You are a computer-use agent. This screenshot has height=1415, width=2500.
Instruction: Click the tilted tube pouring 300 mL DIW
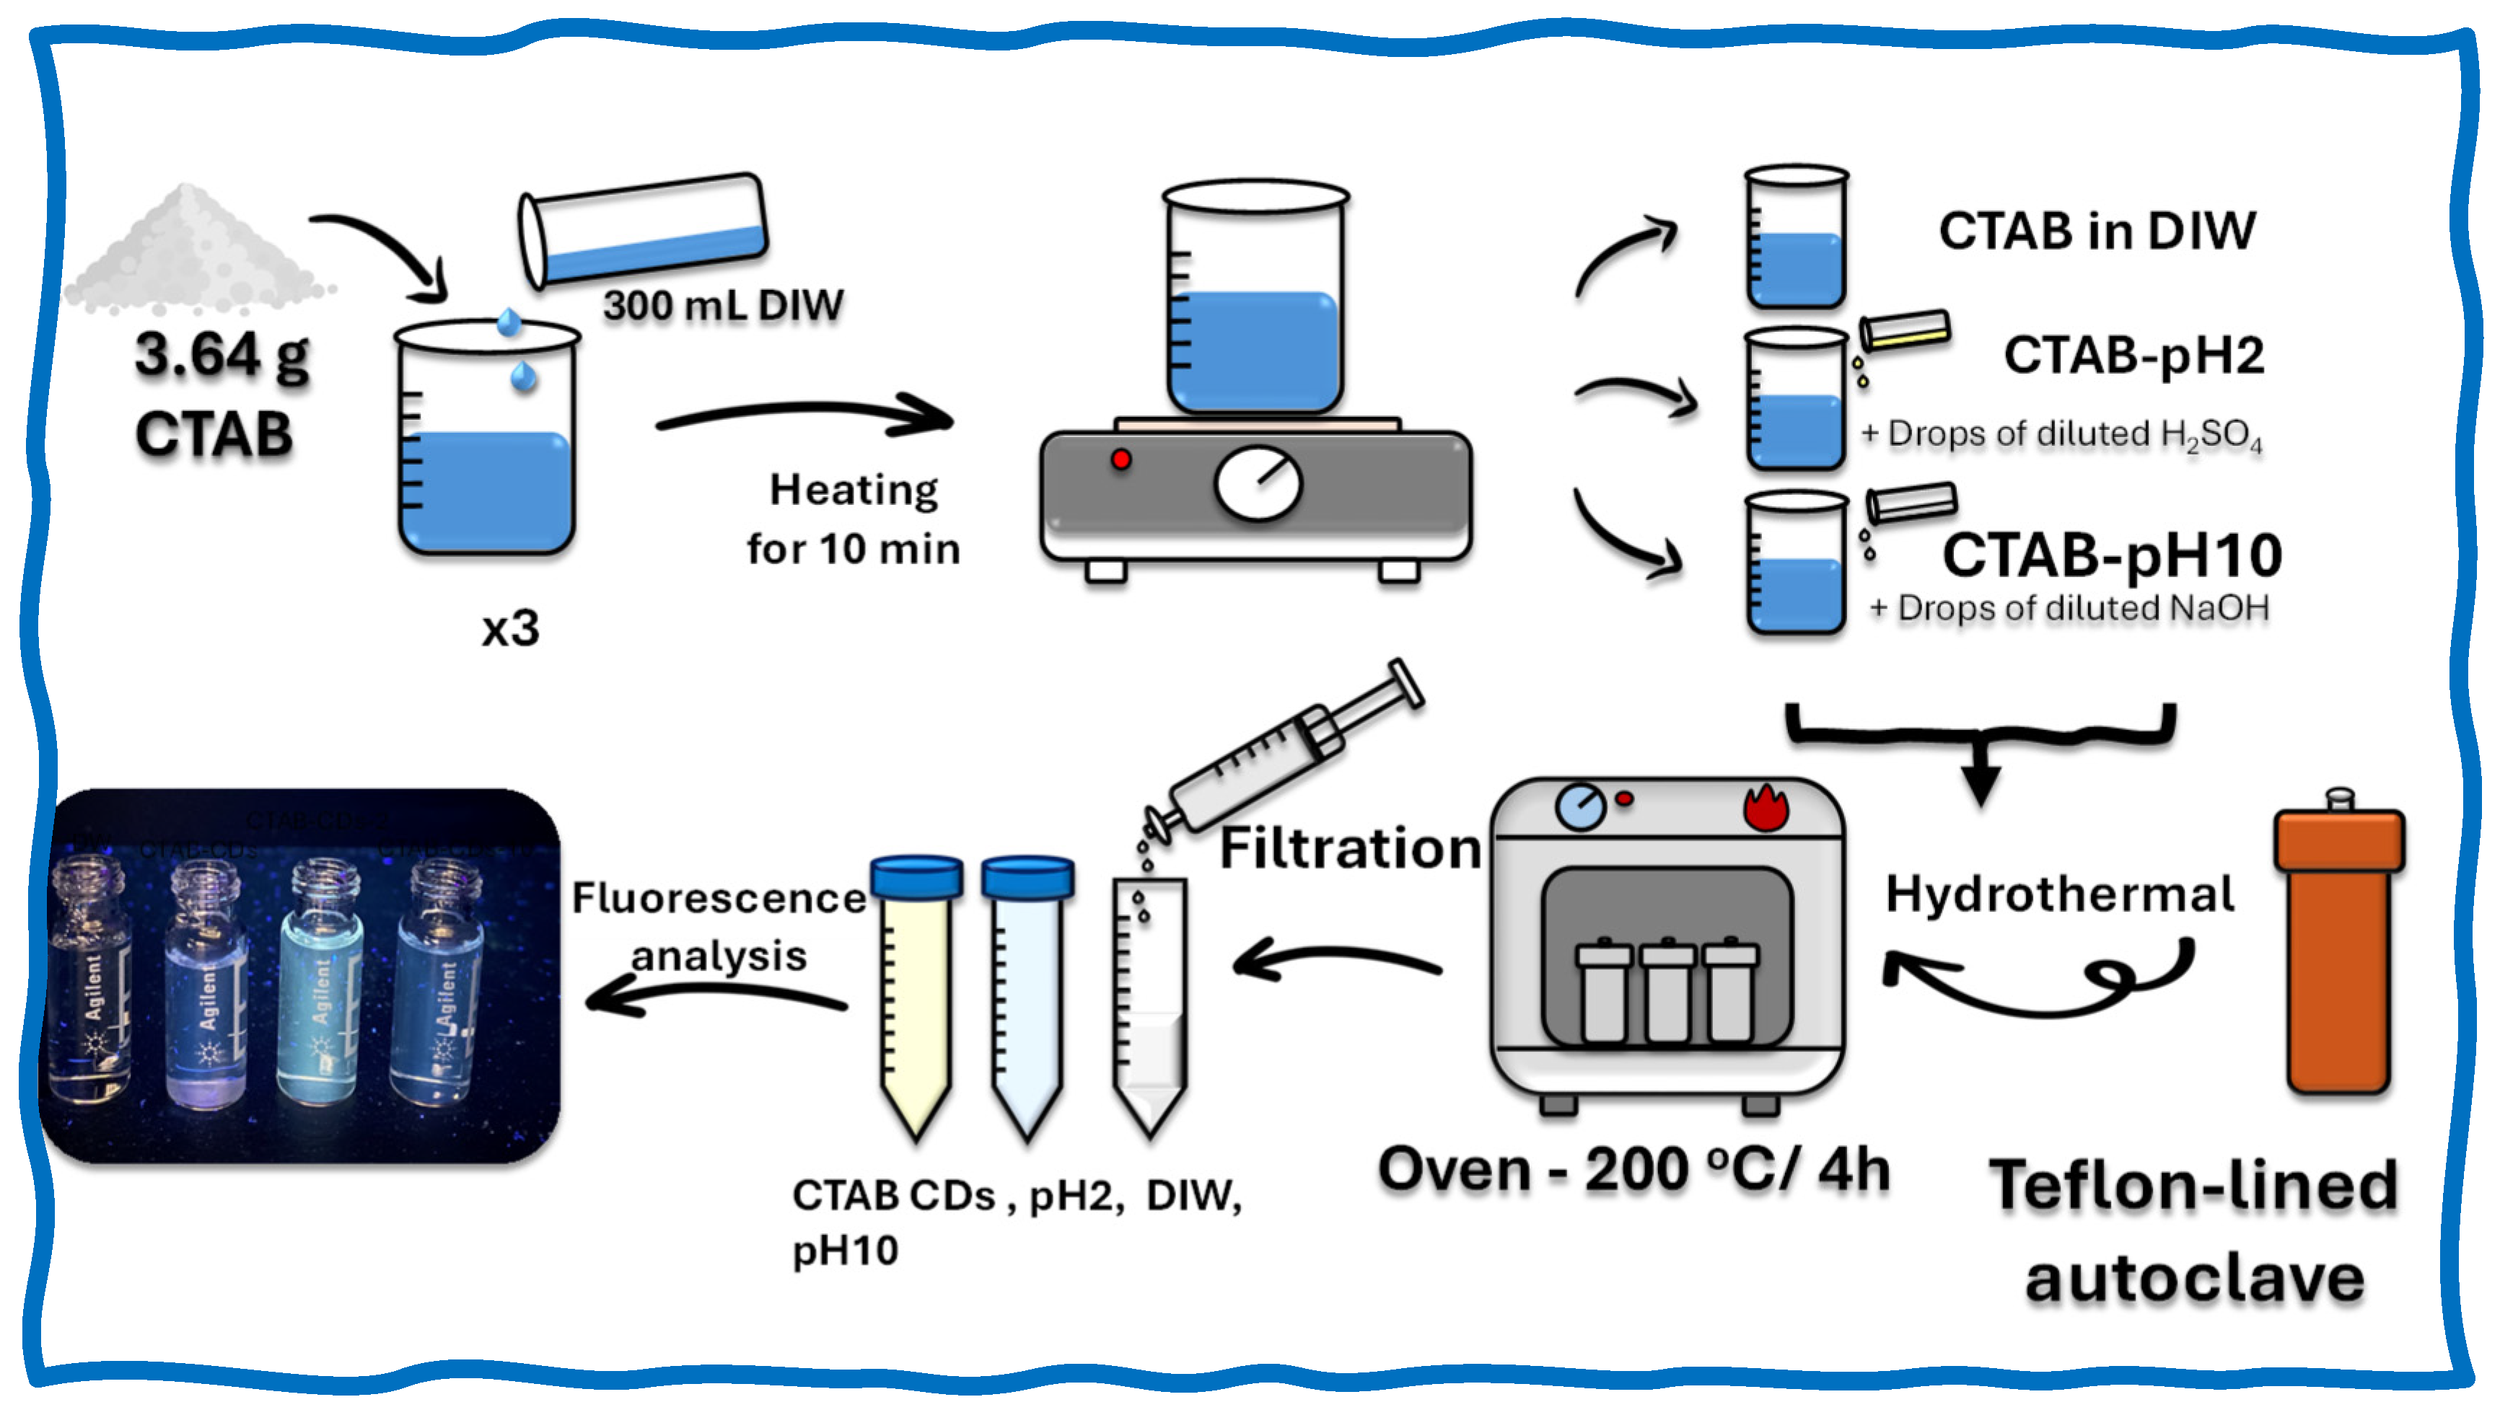coord(644,229)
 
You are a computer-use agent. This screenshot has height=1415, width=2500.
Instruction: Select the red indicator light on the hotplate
coord(1120,459)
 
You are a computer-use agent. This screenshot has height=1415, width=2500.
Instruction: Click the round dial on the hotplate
coord(1258,483)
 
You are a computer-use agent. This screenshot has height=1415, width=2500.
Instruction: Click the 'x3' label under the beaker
coord(509,629)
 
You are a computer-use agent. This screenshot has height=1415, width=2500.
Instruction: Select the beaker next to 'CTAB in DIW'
coord(1794,238)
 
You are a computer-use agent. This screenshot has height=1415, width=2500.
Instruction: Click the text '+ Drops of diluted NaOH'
coord(2069,609)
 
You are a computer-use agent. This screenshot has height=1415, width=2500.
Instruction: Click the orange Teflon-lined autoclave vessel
coord(2338,948)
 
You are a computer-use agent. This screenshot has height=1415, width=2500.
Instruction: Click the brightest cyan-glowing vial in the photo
coord(321,991)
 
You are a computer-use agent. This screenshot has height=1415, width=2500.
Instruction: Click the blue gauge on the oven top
coord(1581,806)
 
